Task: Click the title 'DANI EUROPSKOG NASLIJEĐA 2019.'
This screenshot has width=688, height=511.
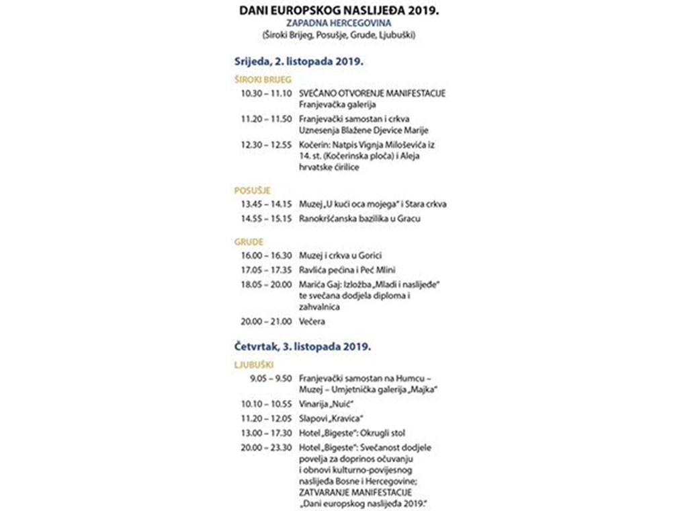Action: pos(343,11)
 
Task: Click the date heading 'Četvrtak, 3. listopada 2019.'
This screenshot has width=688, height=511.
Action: pos(303,348)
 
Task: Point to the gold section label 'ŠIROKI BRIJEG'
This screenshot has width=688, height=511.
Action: pos(259,79)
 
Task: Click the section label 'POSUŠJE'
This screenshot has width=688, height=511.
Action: pos(247,190)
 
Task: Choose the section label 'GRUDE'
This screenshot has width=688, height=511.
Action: pos(249,241)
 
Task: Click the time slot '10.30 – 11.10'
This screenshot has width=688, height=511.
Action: pos(267,93)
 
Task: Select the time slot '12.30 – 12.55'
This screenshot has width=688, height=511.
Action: pos(267,144)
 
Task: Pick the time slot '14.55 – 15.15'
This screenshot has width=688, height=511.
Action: pos(267,219)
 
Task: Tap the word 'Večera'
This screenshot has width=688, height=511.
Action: pos(312,321)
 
